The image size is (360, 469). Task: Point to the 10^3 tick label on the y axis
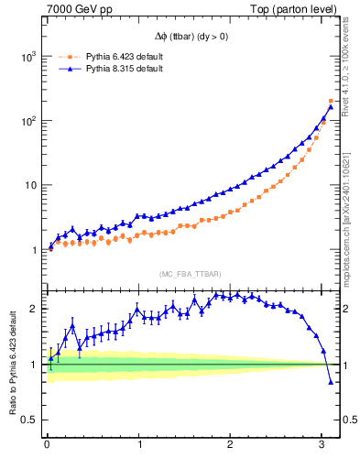point(27,56)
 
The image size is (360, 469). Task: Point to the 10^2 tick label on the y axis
point(27,121)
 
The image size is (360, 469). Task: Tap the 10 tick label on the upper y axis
point(29,185)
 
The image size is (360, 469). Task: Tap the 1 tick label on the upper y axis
point(33,250)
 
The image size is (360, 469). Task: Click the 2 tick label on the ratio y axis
point(33,308)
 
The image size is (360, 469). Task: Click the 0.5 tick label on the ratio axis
point(29,420)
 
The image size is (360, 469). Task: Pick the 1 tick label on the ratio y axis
point(33,365)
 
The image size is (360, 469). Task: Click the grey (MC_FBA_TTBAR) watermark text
point(190,274)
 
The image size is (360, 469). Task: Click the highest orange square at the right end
point(331,101)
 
